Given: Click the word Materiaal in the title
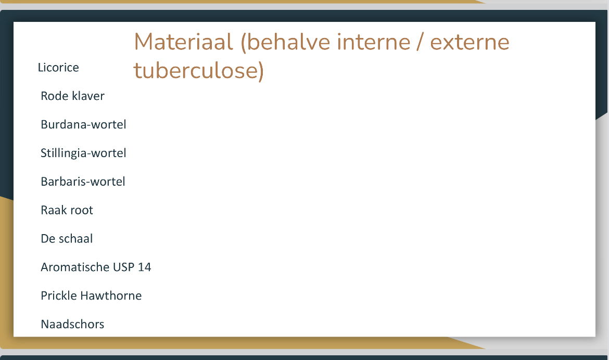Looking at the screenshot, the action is [184, 42].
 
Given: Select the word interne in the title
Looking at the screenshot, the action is [374, 42].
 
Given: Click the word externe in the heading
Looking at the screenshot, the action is [470, 43].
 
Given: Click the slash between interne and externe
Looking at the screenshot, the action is [420, 42].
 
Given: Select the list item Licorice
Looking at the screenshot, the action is [58, 68].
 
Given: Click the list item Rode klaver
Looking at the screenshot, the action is [73, 96].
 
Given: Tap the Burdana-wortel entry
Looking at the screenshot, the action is [83, 124].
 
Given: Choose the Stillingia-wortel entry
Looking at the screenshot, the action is [83, 153].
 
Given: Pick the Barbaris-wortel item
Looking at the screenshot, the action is [83, 182].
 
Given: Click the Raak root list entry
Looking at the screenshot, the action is [67, 210].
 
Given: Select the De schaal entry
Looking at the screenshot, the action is [67, 238].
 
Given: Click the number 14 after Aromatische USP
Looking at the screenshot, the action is [145, 267].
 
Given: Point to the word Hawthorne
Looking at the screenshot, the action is [111, 295].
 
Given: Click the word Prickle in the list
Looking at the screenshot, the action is [59, 295].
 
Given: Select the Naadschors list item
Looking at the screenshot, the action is [73, 324].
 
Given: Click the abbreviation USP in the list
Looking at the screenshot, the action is [123, 267].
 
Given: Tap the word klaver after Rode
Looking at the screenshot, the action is [88, 96].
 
